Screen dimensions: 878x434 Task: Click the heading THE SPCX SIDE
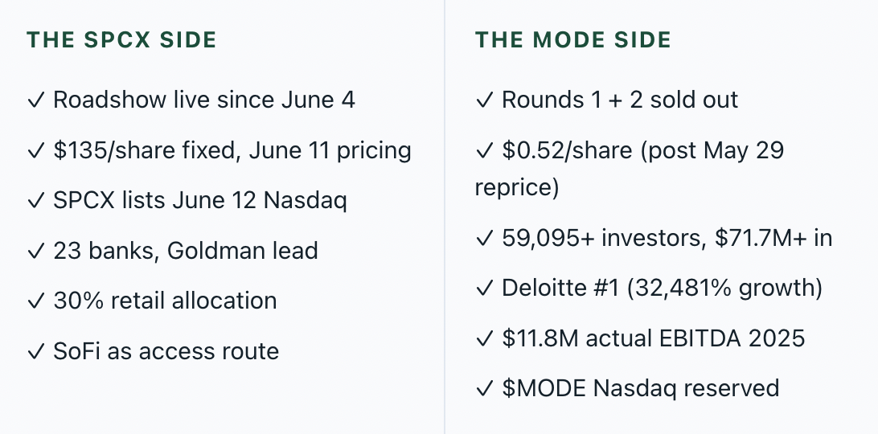tap(121, 39)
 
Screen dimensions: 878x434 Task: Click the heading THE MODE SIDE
tap(572, 39)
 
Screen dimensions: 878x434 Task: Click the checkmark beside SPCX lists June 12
tap(35, 201)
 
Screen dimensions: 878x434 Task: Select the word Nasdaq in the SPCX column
tap(306, 201)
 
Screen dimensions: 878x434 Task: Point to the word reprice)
tap(517, 187)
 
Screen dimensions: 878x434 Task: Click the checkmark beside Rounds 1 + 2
tap(484, 100)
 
